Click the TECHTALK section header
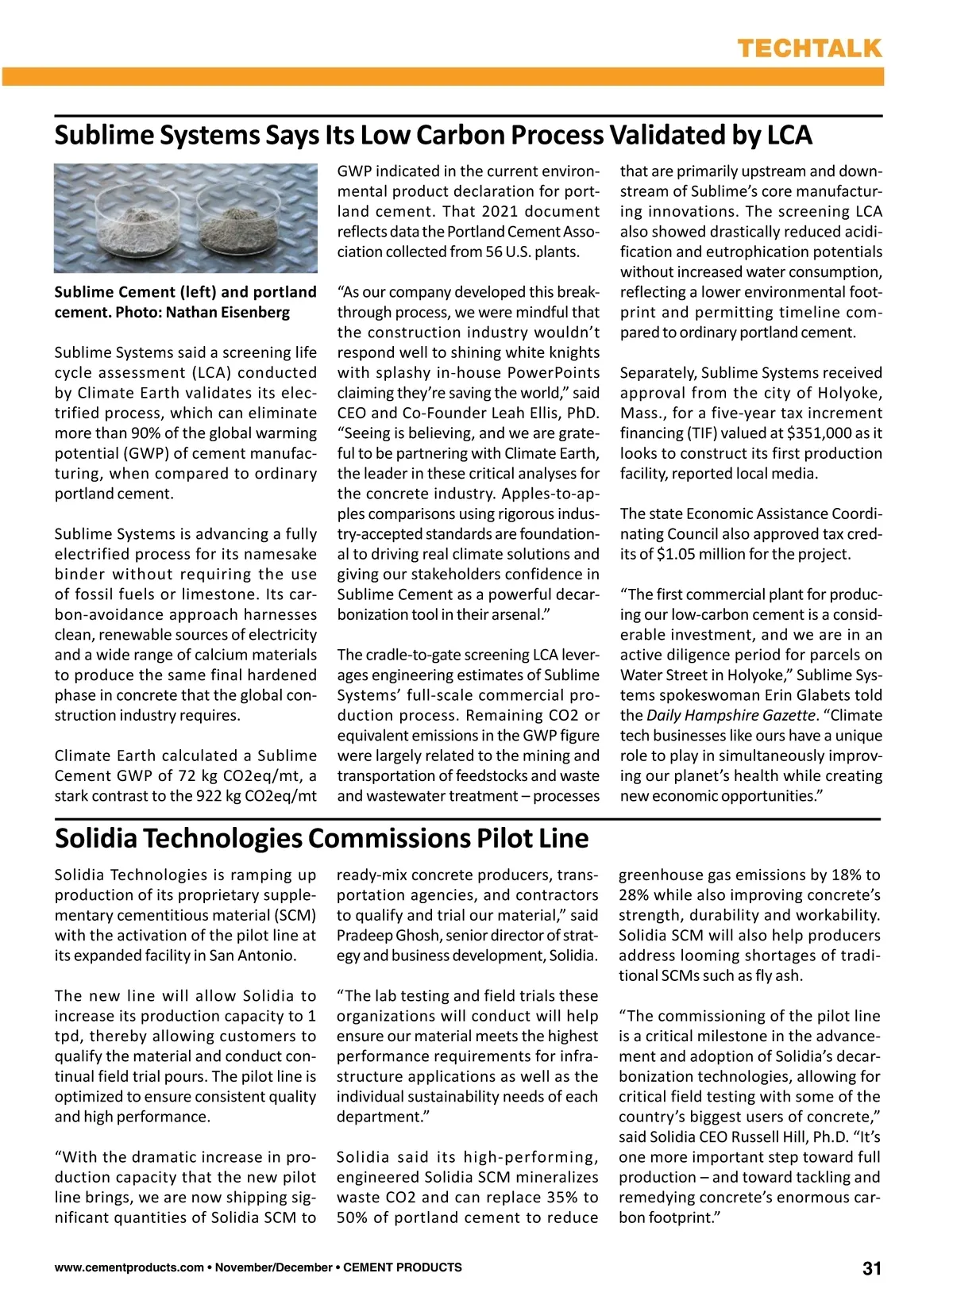(809, 48)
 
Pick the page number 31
(872, 1268)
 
